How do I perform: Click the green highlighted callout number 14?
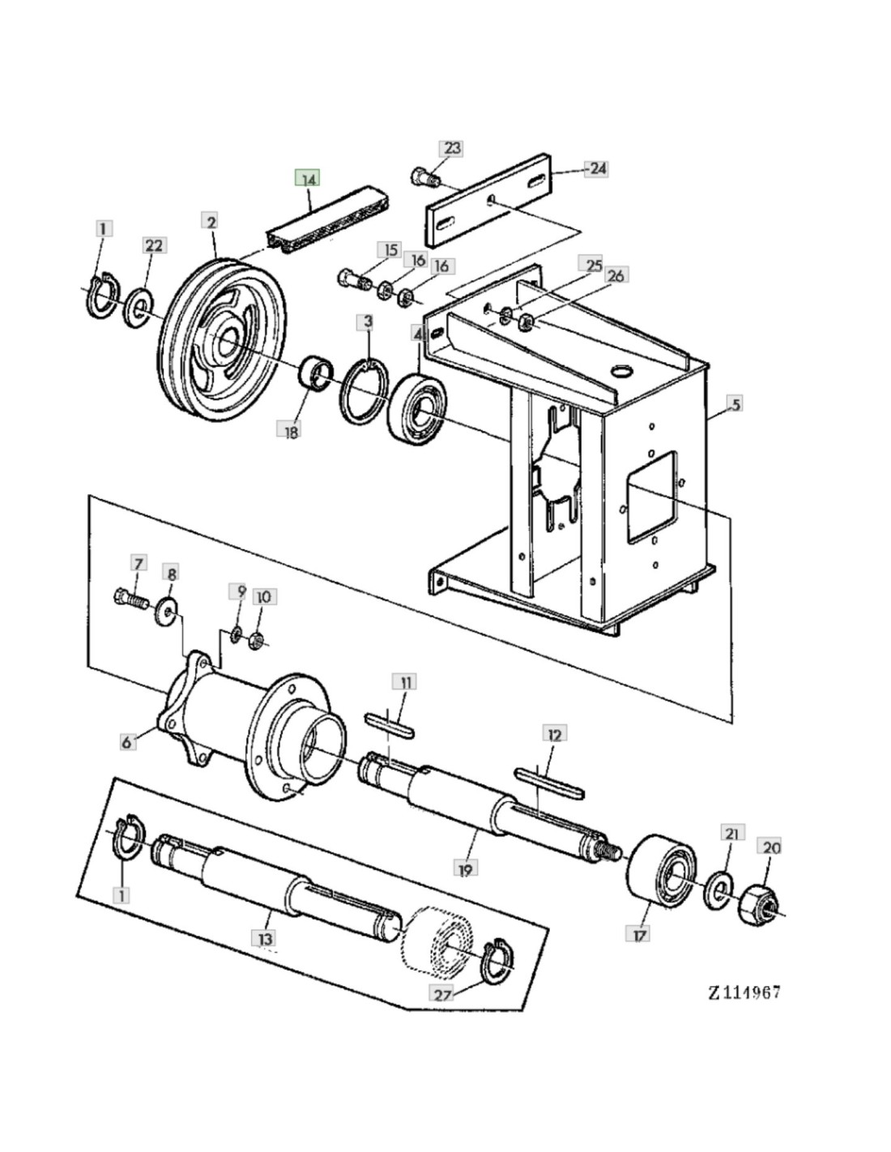point(308,178)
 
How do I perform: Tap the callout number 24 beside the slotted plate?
point(597,169)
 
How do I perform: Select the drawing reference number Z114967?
point(744,992)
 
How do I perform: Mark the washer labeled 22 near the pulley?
point(139,309)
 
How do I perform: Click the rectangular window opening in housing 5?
point(651,497)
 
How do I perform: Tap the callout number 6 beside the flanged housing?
point(127,741)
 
